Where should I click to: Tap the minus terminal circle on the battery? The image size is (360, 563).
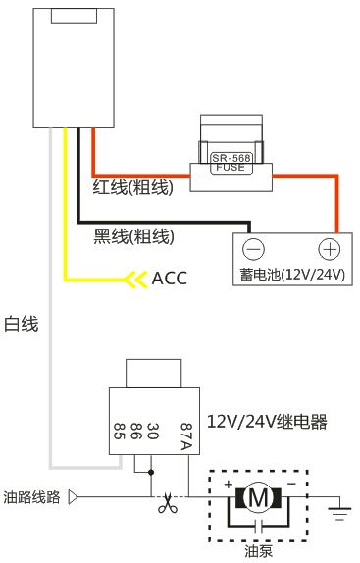[254, 249]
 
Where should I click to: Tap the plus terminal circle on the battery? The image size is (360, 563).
[330, 249]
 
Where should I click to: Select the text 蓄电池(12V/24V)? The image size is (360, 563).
[292, 275]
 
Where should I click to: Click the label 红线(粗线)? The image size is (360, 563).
[132, 187]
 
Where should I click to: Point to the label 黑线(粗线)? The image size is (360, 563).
[133, 235]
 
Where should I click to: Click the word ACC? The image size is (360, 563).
[170, 279]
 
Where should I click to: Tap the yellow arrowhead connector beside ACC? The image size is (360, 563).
[132, 280]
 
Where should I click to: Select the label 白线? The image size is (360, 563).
[22, 323]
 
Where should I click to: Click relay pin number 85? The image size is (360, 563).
[118, 429]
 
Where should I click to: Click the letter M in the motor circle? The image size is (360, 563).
[260, 498]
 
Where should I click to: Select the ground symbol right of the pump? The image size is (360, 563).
[338, 507]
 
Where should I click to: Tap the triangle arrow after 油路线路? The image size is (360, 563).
[73, 497]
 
